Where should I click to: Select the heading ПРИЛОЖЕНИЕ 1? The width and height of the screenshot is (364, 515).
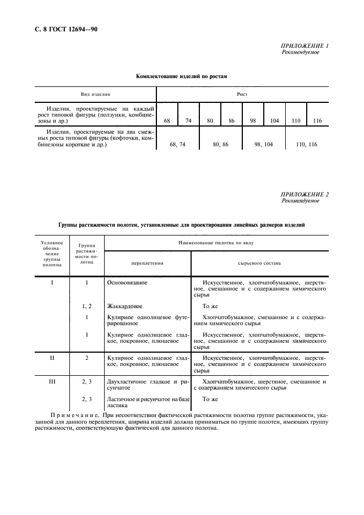tap(305, 46)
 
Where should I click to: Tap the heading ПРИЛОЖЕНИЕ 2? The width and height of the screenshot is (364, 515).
tap(305, 194)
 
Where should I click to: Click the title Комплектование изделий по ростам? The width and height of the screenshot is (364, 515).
tap(182, 76)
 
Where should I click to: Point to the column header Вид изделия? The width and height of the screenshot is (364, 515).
tap(96, 94)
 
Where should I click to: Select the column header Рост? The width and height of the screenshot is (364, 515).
tap(242, 94)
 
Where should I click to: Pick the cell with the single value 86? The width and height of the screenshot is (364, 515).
tap(231, 120)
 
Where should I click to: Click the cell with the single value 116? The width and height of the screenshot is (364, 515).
tap(317, 120)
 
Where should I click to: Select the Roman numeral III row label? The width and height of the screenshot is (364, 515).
tap(52, 381)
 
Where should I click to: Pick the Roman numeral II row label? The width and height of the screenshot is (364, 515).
tap(52, 358)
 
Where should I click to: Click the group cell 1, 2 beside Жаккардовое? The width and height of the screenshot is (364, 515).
tap(87, 306)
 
